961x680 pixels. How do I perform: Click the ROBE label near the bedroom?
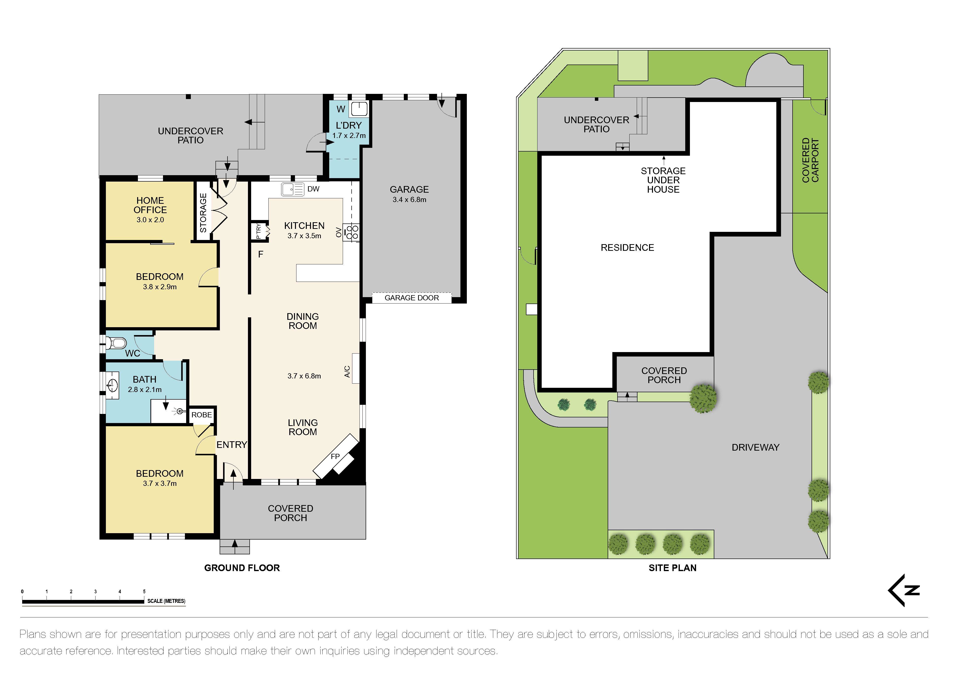pyautogui.click(x=201, y=415)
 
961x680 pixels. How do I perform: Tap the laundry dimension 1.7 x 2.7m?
pyautogui.click(x=349, y=136)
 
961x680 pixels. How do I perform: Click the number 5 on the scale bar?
pyautogui.click(x=144, y=592)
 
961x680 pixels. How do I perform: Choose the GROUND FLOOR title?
pyautogui.click(x=242, y=568)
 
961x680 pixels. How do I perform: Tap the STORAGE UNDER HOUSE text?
pyautogui.click(x=663, y=180)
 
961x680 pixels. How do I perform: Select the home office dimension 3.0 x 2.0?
pyautogui.click(x=150, y=220)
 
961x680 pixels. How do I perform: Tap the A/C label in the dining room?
pyautogui.click(x=347, y=371)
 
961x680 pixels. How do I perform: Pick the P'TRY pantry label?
pyautogui.click(x=258, y=231)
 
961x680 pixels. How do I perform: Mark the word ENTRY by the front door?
pyautogui.click(x=231, y=445)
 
